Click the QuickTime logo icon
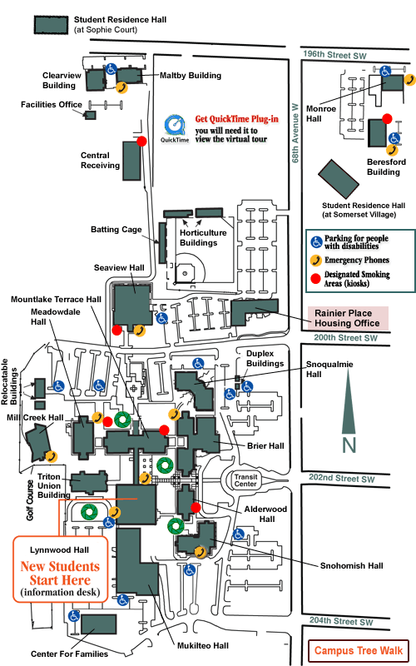pos(175,126)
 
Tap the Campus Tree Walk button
pos(359,651)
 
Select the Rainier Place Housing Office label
pos(347,318)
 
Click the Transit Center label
pos(245,480)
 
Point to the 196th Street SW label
pos(334,55)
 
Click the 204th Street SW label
pos(341,621)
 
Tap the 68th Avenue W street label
pos(295,133)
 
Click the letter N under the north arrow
pos(349,445)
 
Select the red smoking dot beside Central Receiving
pos(141,141)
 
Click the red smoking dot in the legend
pos(315,279)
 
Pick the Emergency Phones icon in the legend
pos(315,260)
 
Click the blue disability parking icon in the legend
pos(316,242)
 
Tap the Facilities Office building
pos(90,115)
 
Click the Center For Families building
pos(98,624)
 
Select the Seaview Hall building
pos(132,305)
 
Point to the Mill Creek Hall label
pos(35,418)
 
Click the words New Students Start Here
pos(60,573)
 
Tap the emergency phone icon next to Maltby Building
pos(121,87)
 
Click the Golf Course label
pos(30,500)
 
